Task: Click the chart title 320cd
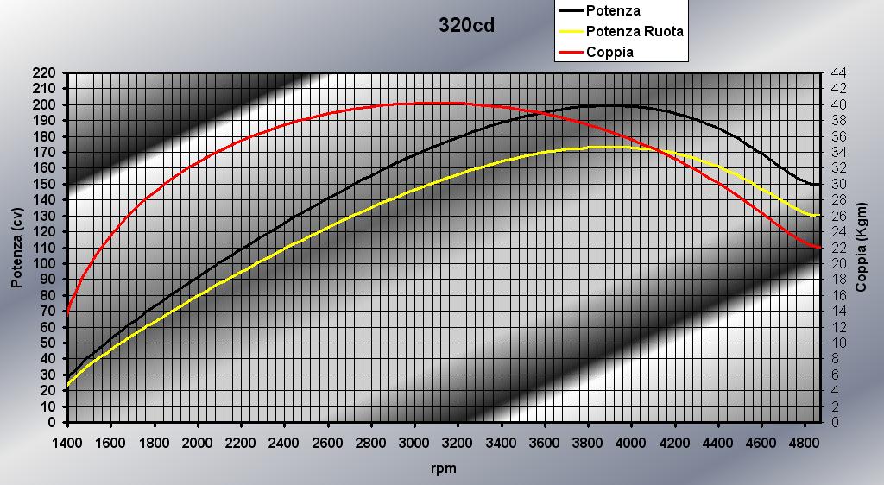466,25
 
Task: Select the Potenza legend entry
613,11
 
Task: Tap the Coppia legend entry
609,52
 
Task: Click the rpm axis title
443,469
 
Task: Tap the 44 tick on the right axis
837,72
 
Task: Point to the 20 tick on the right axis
837,263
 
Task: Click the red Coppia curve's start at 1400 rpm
67,313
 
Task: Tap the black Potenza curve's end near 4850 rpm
817,184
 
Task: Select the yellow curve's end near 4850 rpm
817,215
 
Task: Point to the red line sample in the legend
571,52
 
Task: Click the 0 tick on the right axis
834,422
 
